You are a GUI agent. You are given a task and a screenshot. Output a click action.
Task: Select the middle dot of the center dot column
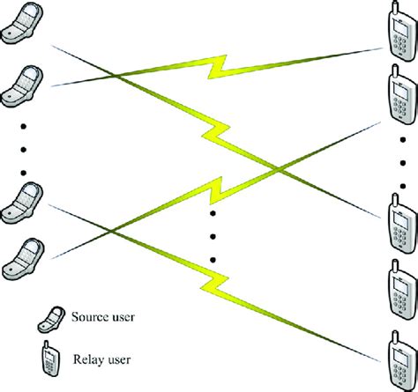213,236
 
